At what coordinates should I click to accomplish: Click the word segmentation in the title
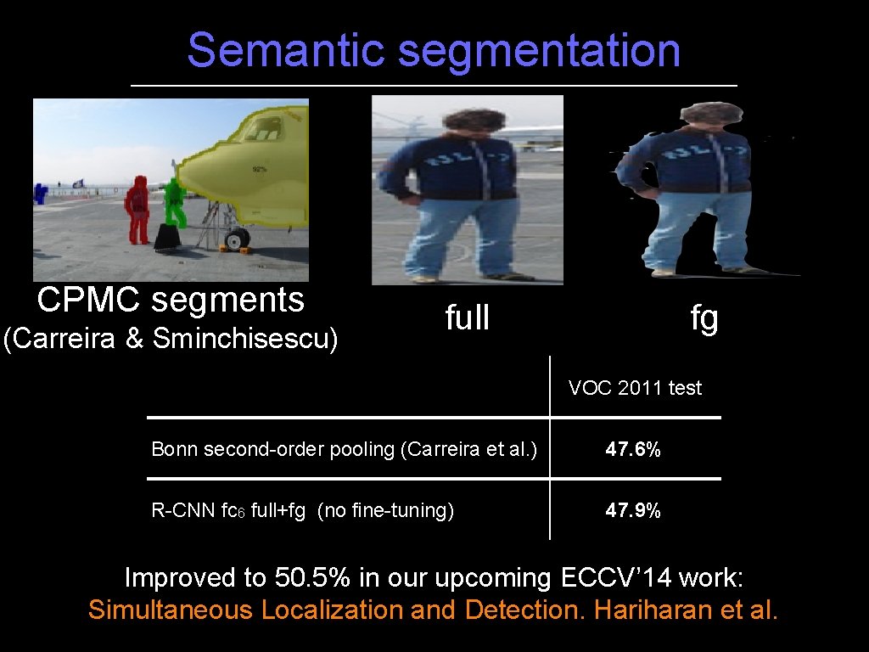(539, 50)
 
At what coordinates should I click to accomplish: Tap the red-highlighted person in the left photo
(137, 209)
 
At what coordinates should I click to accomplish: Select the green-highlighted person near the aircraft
(175, 202)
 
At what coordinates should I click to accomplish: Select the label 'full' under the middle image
(468, 318)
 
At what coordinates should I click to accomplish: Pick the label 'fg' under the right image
(704, 318)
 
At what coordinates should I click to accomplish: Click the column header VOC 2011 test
(636, 388)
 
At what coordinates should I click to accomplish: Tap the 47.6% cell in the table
(633, 449)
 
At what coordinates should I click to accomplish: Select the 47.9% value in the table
(633, 510)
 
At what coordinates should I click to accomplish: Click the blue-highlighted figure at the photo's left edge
(39, 193)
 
